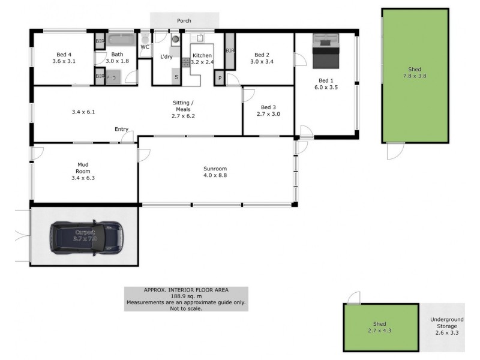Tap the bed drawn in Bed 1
(x=326, y=52)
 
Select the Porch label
(x=184, y=21)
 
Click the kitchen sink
(x=200, y=38)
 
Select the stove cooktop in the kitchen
(x=187, y=59)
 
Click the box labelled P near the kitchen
(x=220, y=79)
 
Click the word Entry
(x=122, y=129)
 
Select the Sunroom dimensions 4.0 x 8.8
(x=214, y=176)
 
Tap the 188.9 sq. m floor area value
(x=185, y=296)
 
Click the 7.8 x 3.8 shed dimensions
(x=415, y=76)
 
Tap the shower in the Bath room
(x=114, y=77)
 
